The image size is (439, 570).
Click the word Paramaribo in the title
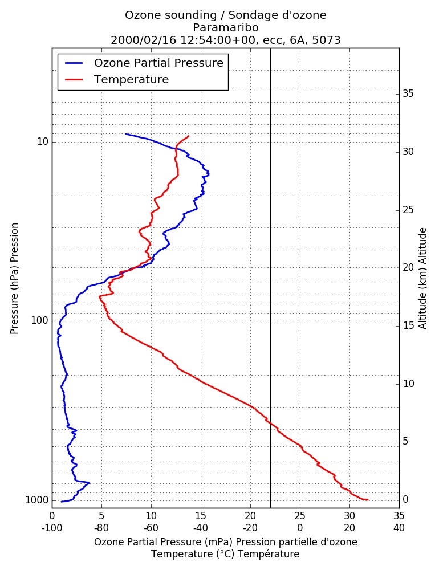point(226,27)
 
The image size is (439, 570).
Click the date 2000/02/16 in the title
point(143,40)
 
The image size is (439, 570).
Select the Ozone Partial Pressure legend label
point(158,63)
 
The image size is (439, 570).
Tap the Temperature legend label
point(131,79)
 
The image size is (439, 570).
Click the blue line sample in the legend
point(74,63)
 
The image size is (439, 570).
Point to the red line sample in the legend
point(74,80)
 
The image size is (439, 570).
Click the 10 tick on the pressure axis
point(43,141)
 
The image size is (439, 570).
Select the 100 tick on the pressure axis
point(40,320)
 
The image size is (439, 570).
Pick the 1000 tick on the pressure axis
point(36,500)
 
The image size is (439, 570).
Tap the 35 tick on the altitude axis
point(408,94)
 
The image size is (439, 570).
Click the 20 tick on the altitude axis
point(408,267)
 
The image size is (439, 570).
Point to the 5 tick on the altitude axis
point(405,442)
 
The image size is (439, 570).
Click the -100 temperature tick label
point(52,528)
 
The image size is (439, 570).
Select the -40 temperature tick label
point(201,528)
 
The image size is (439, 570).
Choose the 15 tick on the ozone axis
point(201,516)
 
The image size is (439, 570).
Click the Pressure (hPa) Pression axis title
point(14,279)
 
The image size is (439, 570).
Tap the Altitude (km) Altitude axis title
point(422,279)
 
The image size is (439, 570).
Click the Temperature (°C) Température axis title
point(226,555)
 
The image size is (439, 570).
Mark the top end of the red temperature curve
point(189,136)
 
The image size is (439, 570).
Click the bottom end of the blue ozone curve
point(62,502)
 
